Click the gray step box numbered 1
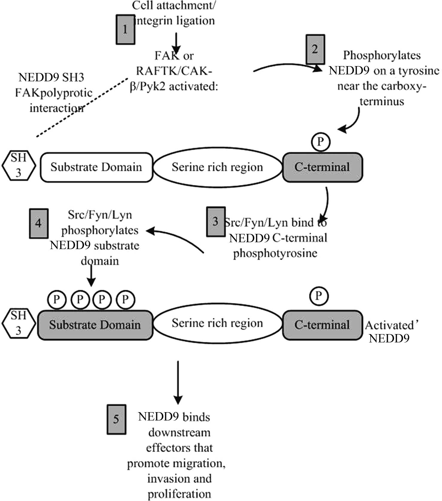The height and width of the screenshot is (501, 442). [125, 30]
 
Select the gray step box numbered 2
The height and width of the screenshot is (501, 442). [315, 49]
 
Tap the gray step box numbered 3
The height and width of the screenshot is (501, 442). [215, 222]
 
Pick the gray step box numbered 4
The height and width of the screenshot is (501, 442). [39, 223]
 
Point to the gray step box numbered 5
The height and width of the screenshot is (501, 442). [116, 419]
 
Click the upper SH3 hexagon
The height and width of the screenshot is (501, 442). [19, 165]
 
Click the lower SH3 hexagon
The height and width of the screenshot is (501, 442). [19, 323]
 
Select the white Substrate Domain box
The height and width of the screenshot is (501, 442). [96, 167]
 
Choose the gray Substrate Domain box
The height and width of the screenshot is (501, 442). [95, 325]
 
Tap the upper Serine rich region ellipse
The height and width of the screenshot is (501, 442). [218, 167]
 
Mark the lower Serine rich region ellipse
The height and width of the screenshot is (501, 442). [218, 323]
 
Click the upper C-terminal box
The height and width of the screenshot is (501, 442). [322, 167]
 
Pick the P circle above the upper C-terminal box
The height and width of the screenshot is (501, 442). [321, 142]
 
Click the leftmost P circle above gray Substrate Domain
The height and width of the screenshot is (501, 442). [57, 299]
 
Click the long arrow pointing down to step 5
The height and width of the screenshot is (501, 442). [178, 383]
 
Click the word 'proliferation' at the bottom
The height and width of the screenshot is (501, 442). [179, 494]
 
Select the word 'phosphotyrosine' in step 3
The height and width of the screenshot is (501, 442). [275, 254]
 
